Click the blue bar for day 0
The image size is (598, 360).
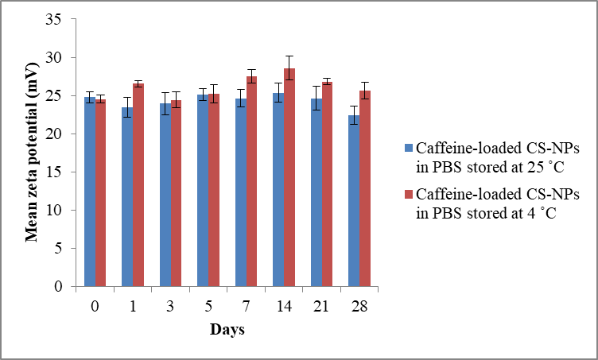(89, 192)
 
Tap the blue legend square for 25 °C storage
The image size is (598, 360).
(409, 147)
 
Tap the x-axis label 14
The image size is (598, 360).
(284, 307)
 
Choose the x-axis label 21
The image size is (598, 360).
(321, 307)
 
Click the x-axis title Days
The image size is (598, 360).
(227, 329)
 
